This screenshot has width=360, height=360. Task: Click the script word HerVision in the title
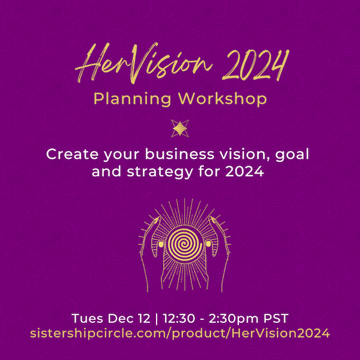(143, 63)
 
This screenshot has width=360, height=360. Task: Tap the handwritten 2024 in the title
(256, 65)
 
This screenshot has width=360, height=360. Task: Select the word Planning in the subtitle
(132, 99)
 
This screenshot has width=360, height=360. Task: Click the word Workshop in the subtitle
(223, 99)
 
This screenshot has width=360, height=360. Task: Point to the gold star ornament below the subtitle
(180, 128)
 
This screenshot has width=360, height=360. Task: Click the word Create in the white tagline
(73, 154)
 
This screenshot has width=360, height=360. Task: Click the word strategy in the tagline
(160, 173)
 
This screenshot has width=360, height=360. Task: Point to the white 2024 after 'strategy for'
(245, 172)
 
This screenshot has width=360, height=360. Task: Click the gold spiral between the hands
(184, 244)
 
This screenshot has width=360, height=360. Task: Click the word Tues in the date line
(87, 319)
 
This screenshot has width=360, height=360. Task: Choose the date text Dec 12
(129, 319)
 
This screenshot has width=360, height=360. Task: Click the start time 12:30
(179, 319)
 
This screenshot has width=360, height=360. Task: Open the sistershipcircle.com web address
(180, 334)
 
